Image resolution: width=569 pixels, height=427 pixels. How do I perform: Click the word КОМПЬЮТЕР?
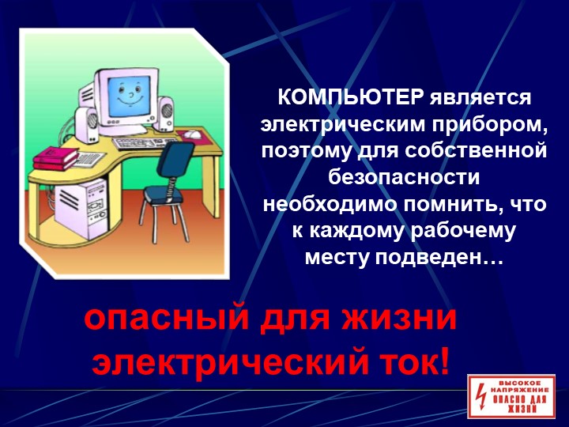coord(351,97)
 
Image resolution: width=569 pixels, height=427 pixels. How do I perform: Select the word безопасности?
coord(404,178)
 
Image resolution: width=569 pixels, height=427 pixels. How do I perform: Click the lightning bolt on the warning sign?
coord(480,398)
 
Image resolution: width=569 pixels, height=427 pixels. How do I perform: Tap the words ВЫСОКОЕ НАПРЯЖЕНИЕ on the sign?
coord(519,387)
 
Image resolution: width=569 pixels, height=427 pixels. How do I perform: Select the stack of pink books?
coord(56,159)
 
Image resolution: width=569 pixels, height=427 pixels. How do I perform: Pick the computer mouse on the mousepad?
coord(191,134)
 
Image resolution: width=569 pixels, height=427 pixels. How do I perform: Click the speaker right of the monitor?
coord(164,113)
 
